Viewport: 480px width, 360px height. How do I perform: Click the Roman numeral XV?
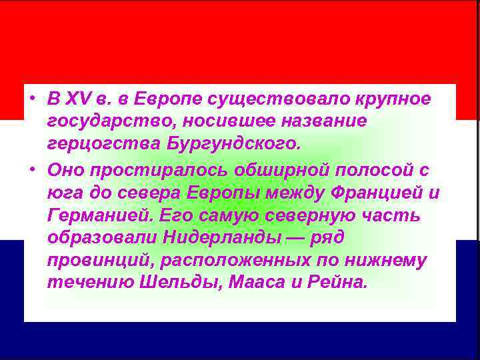point(74,99)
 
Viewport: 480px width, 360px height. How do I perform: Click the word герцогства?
point(90,144)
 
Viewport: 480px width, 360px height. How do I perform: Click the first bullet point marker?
point(32,99)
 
